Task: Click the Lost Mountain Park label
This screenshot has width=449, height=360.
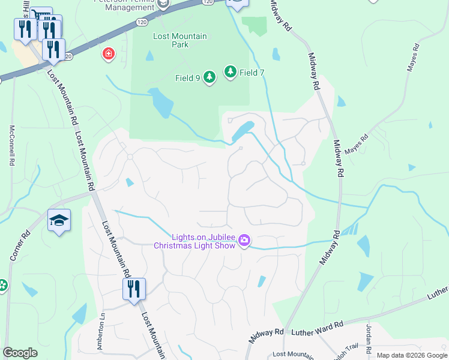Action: (180, 40)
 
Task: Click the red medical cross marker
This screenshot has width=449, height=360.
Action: (108, 55)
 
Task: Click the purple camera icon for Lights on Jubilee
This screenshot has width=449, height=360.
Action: (244, 241)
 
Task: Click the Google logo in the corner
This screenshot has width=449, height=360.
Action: (20, 352)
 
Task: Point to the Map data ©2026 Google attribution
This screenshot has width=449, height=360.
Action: (411, 355)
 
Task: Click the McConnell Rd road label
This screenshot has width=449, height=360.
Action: (11, 146)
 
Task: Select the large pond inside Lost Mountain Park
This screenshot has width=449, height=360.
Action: (161, 103)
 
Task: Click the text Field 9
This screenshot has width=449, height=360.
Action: (188, 78)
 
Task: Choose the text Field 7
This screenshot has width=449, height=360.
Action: (252, 73)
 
